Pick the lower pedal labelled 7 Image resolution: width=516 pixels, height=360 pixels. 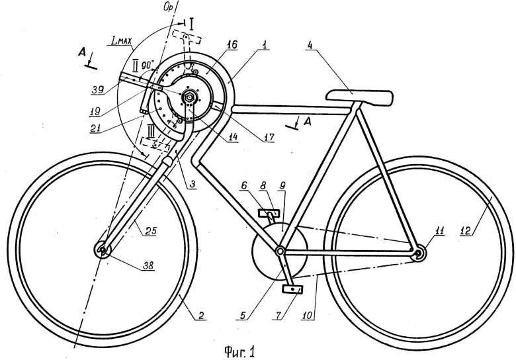292,289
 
